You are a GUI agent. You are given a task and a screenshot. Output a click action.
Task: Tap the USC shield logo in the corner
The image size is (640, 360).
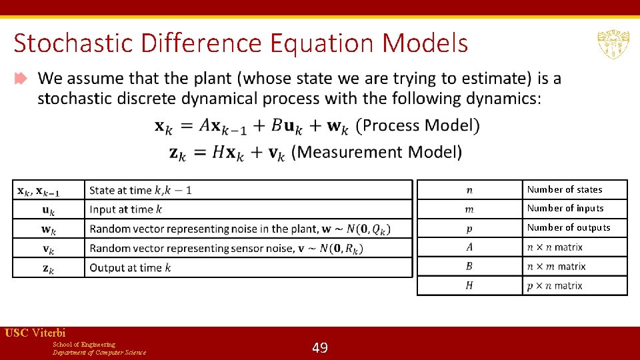click(613, 45)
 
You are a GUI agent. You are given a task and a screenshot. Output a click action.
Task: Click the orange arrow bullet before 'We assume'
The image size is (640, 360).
click(21, 79)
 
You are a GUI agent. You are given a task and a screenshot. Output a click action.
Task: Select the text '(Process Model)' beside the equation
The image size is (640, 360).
click(417, 125)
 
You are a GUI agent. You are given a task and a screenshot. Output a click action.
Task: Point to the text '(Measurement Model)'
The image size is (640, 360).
click(377, 152)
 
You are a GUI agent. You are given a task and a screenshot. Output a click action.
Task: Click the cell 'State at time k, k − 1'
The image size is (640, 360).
click(141, 190)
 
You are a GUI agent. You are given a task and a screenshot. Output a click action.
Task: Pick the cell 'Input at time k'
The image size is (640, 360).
click(126, 209)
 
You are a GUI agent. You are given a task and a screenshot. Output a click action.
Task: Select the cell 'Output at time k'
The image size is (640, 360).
click(131, 267)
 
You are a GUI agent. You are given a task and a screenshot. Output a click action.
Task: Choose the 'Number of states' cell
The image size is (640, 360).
click(565, 189)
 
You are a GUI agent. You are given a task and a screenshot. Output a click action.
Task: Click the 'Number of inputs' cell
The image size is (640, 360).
click(565, 208)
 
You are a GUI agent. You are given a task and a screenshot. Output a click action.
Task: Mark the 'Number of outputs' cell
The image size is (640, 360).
click(569, 227)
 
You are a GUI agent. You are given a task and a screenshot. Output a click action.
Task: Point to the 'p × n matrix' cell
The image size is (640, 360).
click(555, 285)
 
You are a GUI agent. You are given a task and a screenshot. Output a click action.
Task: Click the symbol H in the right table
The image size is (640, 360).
click(469, 285)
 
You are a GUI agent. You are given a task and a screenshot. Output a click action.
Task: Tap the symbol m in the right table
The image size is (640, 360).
click(469, 209)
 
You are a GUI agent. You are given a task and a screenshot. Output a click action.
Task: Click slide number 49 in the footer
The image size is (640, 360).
click(320, 347)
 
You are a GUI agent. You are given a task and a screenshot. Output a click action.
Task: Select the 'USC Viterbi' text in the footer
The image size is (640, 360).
click(35, 333)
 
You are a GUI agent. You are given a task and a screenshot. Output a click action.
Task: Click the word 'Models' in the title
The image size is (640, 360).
click(426, 44)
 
